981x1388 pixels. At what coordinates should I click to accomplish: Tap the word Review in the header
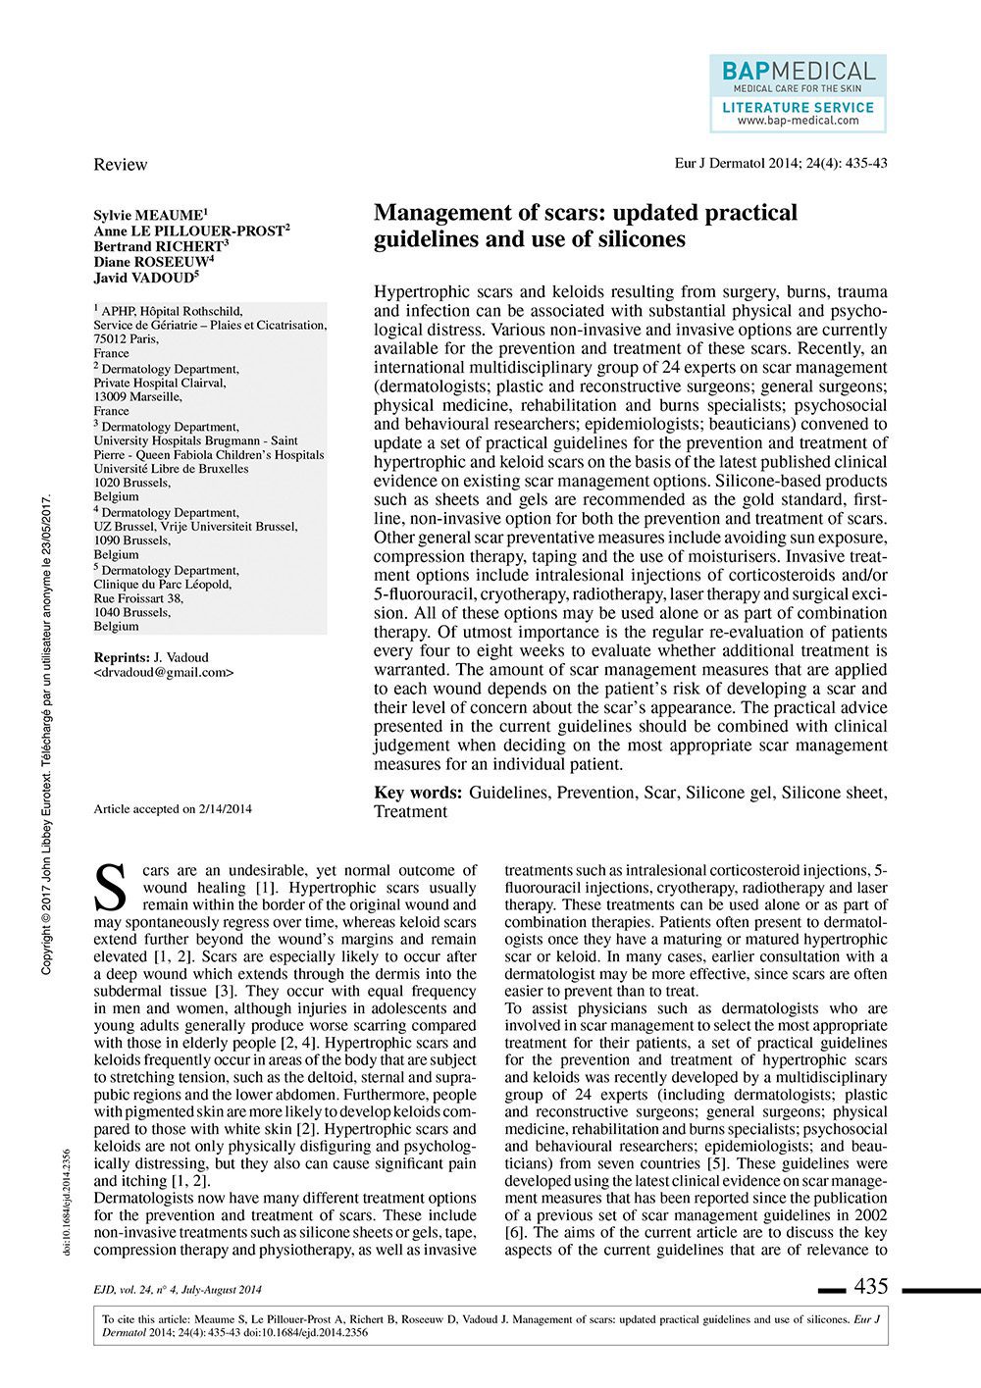click(x=120, y=164)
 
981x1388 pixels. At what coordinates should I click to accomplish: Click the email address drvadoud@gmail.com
click(x=164, y=673)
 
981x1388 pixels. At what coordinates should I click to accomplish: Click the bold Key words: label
click(x=418, y=793)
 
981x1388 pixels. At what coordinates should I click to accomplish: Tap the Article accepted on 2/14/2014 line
click(x=173, y=809)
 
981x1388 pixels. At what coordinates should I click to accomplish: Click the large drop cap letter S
click(x=115, y=887)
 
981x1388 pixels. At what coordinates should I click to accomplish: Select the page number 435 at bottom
click(x=871, y=1286)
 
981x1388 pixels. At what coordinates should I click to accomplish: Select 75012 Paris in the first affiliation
click(x=125, y=338)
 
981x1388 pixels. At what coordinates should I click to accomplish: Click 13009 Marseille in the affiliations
click(x=137, y=397)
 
